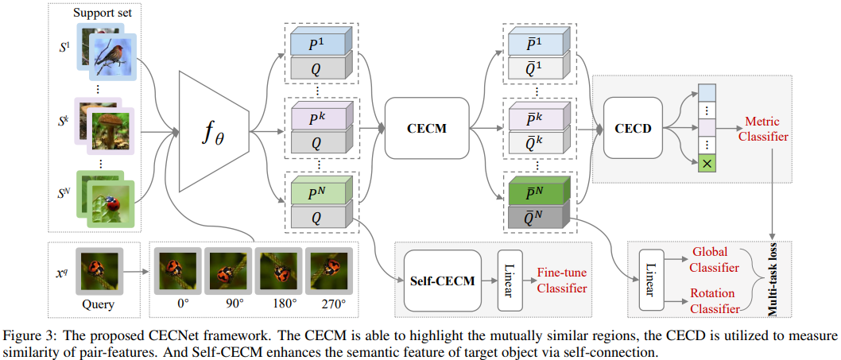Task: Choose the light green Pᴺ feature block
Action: pos(316,193)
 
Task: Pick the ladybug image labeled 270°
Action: pos(329,269)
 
